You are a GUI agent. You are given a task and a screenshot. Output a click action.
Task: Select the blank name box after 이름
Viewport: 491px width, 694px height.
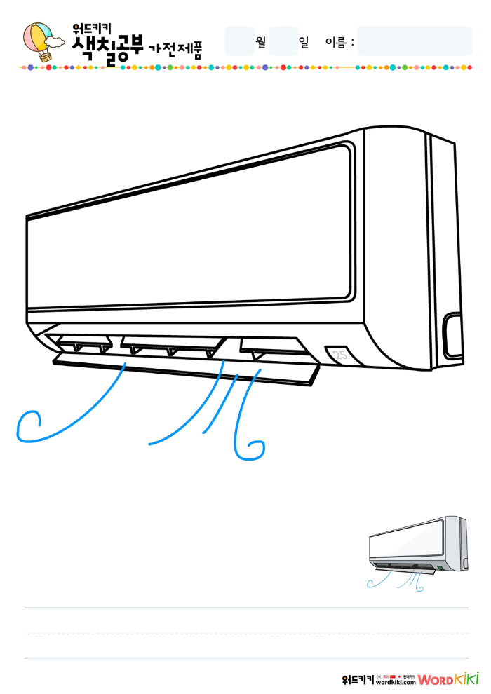(414, 41)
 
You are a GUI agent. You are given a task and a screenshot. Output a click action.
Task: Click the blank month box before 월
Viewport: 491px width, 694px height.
(238, 41)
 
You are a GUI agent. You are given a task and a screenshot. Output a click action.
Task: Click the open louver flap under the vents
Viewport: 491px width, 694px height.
(186, 368)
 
